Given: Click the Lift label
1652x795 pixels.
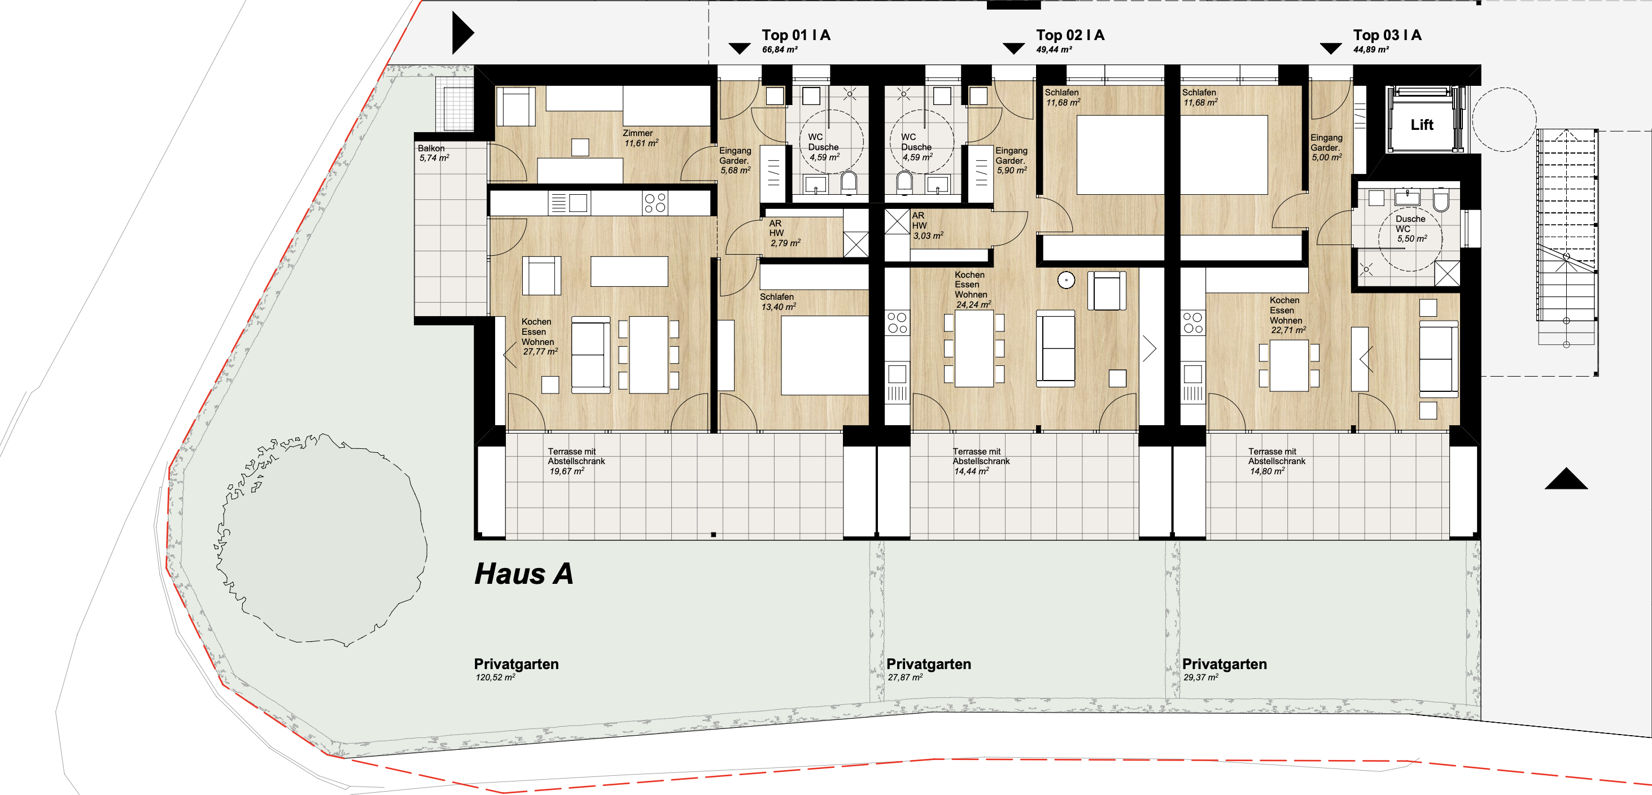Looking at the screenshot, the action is [1422, 125].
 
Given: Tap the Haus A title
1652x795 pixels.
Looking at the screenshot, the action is [523, 574].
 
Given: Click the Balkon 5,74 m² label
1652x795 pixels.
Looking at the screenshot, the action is [434, 152].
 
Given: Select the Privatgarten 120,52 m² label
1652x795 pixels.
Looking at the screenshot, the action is [516, 669].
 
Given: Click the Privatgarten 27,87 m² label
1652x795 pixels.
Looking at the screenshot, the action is [929, 669].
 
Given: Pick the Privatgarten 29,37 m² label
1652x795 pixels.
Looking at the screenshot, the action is [1224, 669].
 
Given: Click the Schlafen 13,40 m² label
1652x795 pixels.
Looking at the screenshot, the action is [778, 302].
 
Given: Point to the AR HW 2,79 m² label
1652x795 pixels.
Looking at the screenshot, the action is [785, 233].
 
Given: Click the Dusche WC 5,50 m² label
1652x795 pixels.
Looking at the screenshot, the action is [1411, 229].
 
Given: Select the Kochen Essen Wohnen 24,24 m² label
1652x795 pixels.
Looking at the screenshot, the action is [972, 290].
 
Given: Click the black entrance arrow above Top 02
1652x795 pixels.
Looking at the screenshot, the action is [1013, 49].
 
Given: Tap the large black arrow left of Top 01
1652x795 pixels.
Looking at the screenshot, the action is [463, 33].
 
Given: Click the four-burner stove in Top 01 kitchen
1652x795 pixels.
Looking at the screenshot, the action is [655, 203].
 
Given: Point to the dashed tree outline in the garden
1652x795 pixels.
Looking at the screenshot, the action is [321, 539].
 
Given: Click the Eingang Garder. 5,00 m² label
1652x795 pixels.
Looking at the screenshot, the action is [1326, 147].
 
